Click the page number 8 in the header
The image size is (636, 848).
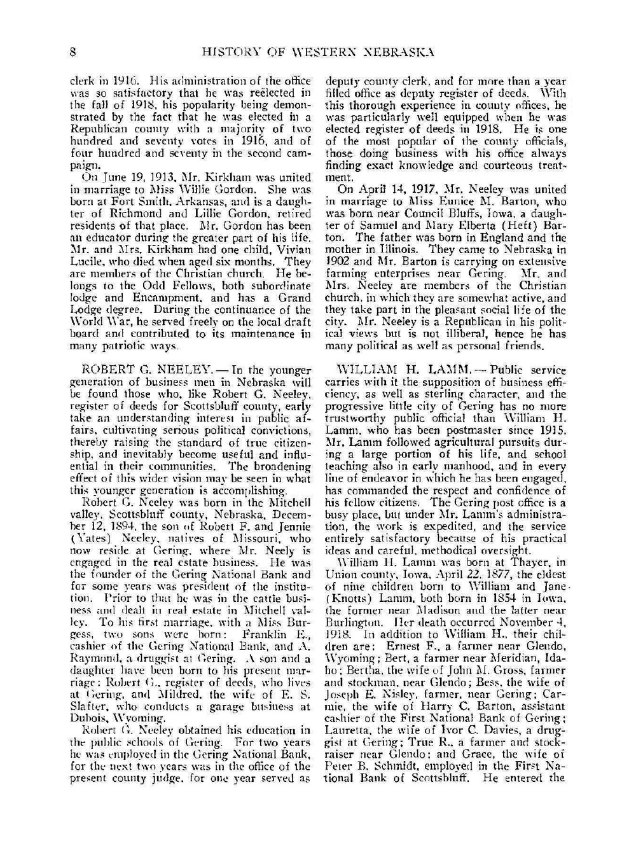73,52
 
